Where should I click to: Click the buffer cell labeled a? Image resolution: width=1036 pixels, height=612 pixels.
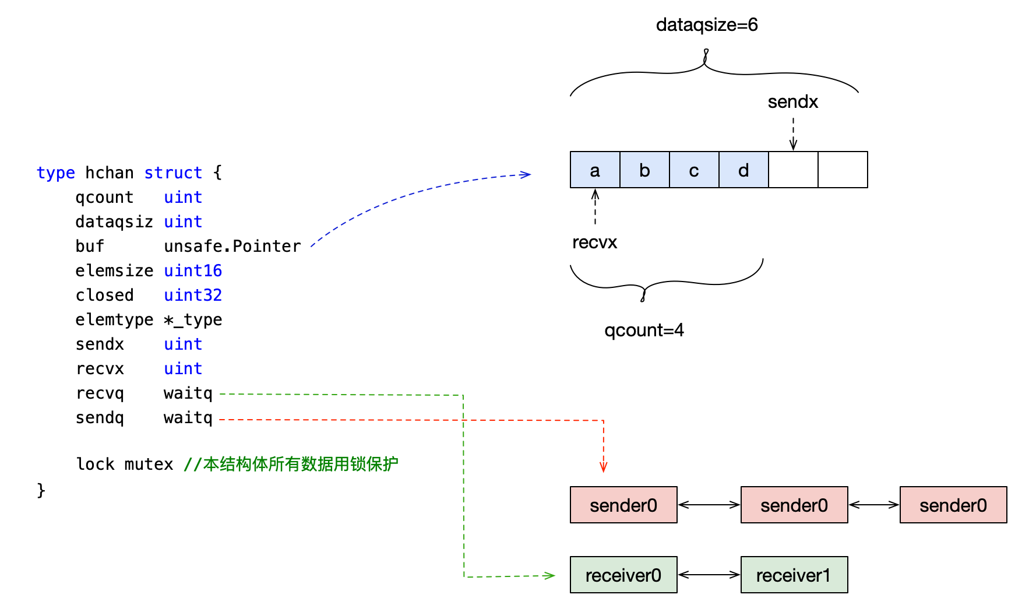point(595,170)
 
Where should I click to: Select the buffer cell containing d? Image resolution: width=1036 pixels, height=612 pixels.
point(743,170)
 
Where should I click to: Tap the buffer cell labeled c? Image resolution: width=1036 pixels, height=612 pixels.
point(694,170)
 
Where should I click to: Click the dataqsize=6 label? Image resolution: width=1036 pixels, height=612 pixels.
point(707,25)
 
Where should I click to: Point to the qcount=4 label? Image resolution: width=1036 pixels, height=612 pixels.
point(644,330)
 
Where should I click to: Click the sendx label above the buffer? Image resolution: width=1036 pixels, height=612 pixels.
point(792,102)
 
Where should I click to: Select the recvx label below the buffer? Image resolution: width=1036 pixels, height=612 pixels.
point(594,242)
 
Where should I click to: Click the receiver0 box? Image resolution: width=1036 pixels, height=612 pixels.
point(623,575)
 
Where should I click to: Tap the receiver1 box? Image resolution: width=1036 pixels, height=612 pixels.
point(794,575)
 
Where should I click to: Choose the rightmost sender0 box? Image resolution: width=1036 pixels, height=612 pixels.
point(953,505)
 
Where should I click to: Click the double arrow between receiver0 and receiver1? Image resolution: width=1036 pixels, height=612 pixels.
point(709,575)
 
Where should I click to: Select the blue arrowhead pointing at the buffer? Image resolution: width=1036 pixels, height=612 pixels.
point(525,174)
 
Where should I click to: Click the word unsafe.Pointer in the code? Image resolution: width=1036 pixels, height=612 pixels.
point(232,247)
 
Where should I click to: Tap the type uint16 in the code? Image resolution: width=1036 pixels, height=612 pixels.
point(192,271)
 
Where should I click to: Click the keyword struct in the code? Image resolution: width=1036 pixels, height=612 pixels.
point(173,173)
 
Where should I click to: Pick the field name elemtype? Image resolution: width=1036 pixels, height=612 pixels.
point(114,320)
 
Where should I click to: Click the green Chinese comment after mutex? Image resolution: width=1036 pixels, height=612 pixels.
point(291,465)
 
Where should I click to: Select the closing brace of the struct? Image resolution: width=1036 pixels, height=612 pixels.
point(41,490)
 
